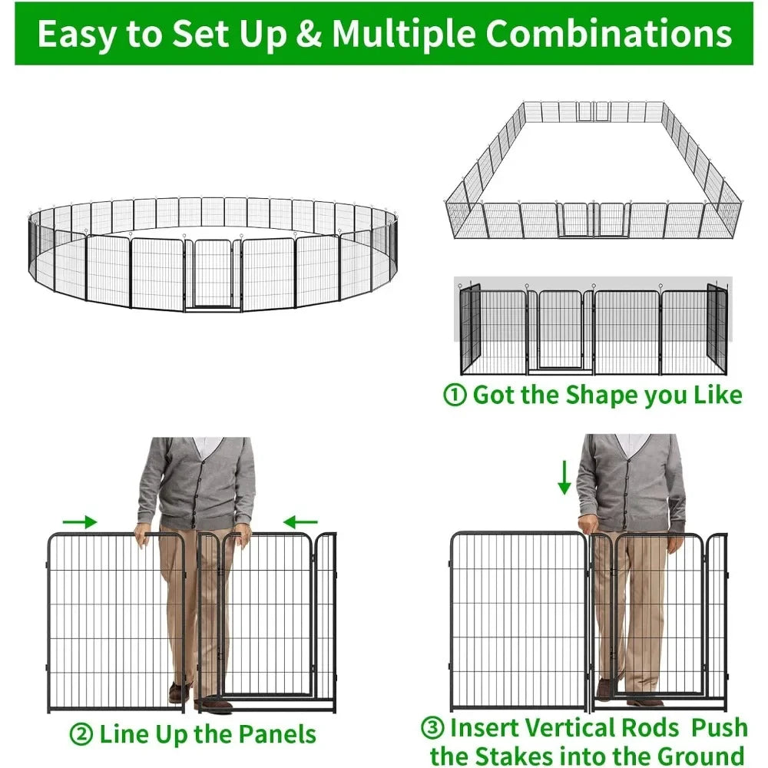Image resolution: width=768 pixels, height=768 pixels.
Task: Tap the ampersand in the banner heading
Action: pos(310,35)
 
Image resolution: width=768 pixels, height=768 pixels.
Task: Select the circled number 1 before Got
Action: pos(455,396)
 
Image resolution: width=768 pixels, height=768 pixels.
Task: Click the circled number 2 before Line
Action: pos(81,734)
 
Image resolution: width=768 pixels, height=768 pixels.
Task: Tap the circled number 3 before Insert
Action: pos(432,727)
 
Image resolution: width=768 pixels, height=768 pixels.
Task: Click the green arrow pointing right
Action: pos(80,522)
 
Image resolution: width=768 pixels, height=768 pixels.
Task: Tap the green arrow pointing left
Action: pos(300,523)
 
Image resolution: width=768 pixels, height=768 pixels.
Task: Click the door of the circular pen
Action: pos(213,275)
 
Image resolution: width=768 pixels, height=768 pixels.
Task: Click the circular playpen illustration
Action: pos(211,253)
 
